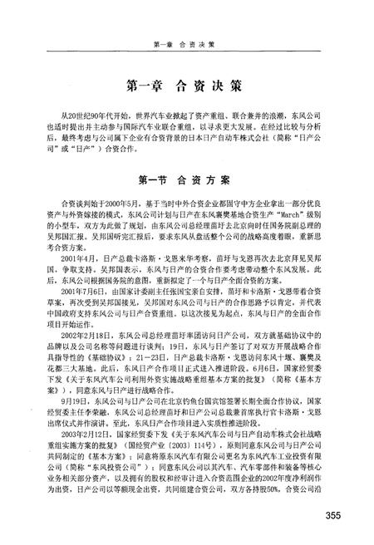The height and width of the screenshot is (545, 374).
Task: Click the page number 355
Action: click(333, 517)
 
